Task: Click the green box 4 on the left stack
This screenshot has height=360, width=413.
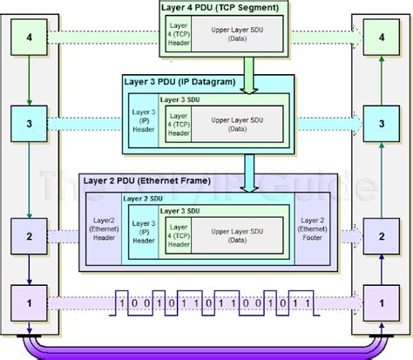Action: tap(30, 39)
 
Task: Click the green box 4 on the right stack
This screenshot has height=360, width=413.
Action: tap(380, 39)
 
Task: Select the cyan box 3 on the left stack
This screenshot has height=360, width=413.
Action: tap(30, 125)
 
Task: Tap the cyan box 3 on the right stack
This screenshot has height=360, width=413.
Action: tap(380, 125)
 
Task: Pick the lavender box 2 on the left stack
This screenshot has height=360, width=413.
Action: tap(30, 235)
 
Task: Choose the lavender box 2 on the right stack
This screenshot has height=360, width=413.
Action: tap(380, 235)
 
